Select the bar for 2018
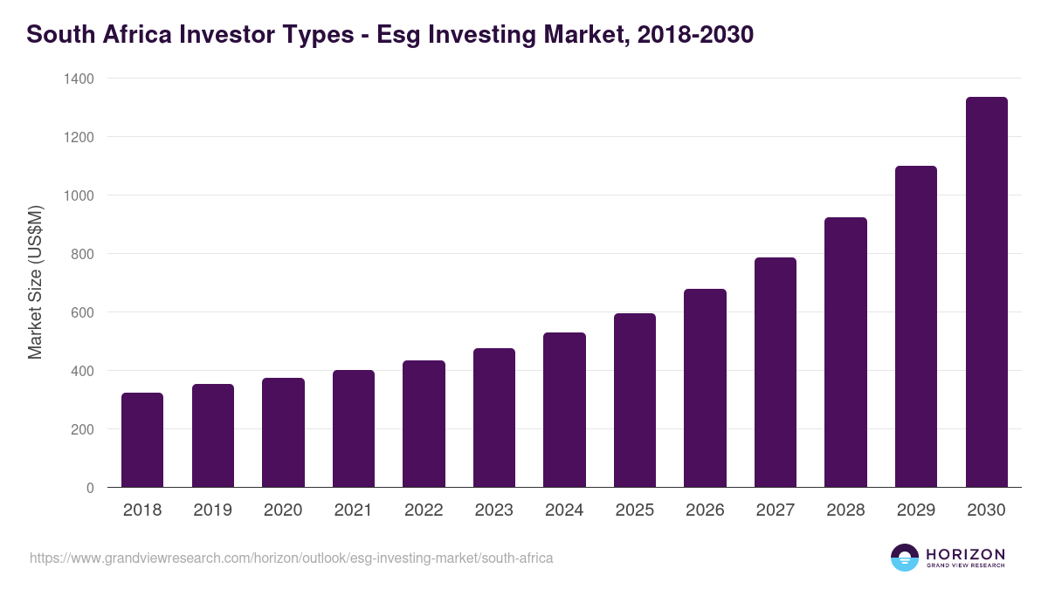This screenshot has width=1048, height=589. pos(142,440)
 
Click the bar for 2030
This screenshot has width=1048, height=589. pos(987,292)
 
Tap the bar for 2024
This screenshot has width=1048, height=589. pos(564,410)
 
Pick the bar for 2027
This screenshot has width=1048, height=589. pos(776,373)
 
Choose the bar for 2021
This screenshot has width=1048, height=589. pos(354,428)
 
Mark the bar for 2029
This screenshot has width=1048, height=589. pos(916,326)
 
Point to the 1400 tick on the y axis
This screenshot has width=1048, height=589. pos(79,79)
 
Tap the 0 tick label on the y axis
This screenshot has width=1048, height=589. pos(90,488)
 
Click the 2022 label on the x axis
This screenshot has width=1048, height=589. pos(424,510)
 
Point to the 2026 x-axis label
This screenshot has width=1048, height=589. pos(705,510)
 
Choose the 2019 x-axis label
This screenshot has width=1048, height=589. pos(212,510)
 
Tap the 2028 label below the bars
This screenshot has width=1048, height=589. pos(845,510)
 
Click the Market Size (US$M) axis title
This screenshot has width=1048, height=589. pos(35,283)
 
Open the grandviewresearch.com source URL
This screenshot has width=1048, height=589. pos(291,558)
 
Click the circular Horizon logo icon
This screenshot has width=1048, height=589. pos(905,558)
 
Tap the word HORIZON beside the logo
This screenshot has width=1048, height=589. pos(965,553)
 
